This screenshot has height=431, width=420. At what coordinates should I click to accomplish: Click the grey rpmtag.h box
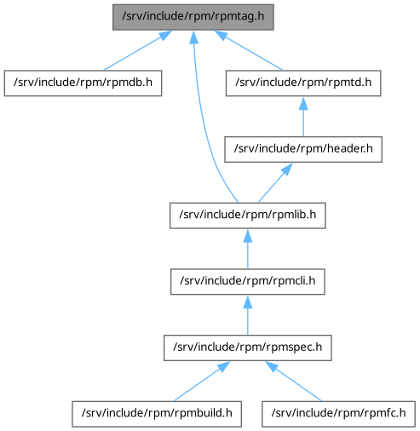point(193,17)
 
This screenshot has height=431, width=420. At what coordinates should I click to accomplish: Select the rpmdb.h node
point(83,83)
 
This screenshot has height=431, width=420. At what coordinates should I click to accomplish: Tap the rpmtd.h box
point(303,83)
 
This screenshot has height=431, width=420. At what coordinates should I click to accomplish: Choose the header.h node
point(303,149)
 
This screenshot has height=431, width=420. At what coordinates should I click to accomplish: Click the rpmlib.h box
point(248,215)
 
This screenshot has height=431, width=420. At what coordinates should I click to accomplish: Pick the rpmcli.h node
point(248,282)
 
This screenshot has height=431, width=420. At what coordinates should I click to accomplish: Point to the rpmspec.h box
point(248,348)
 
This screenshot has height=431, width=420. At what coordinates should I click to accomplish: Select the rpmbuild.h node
point(157,414)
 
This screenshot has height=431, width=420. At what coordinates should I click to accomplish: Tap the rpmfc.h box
point(338,414)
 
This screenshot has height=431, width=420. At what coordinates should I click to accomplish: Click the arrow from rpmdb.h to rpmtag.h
point(138,50)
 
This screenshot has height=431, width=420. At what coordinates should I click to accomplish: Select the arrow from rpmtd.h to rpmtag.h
point(249,50)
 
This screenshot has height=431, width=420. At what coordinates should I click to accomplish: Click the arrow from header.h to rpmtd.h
point(303,117)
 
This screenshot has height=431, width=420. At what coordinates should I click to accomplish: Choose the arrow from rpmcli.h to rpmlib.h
point(248,249)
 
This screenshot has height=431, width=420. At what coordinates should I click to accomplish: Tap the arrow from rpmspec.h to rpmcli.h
point(248,315)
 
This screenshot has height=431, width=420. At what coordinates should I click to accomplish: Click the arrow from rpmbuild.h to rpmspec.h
point(202,381)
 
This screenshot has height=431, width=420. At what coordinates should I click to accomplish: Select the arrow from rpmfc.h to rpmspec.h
point(293,381)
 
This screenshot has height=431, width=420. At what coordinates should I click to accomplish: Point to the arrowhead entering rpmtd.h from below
point(303,103)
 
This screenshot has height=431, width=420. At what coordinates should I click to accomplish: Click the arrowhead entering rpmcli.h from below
point(248,302)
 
